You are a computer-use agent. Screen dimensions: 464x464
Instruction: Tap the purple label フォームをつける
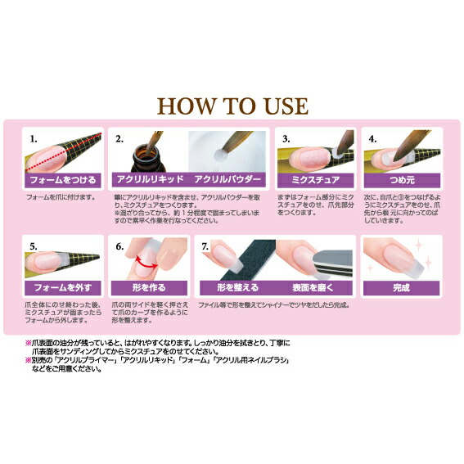[x=62, y=179]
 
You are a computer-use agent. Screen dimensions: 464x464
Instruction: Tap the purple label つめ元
[x=401, y=179]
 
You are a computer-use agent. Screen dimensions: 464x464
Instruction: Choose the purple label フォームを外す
[x=62, y=287]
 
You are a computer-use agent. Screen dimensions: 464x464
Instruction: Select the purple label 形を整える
[x=237, y=287]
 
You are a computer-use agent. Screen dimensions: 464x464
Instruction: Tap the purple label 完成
[x=401, y=287]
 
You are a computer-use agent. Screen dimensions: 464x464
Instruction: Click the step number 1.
[x=34, y=139]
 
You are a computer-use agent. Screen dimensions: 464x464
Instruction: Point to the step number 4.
[x=372, y=139]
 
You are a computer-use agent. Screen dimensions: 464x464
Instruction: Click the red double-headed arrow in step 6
[x=146, y=261]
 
